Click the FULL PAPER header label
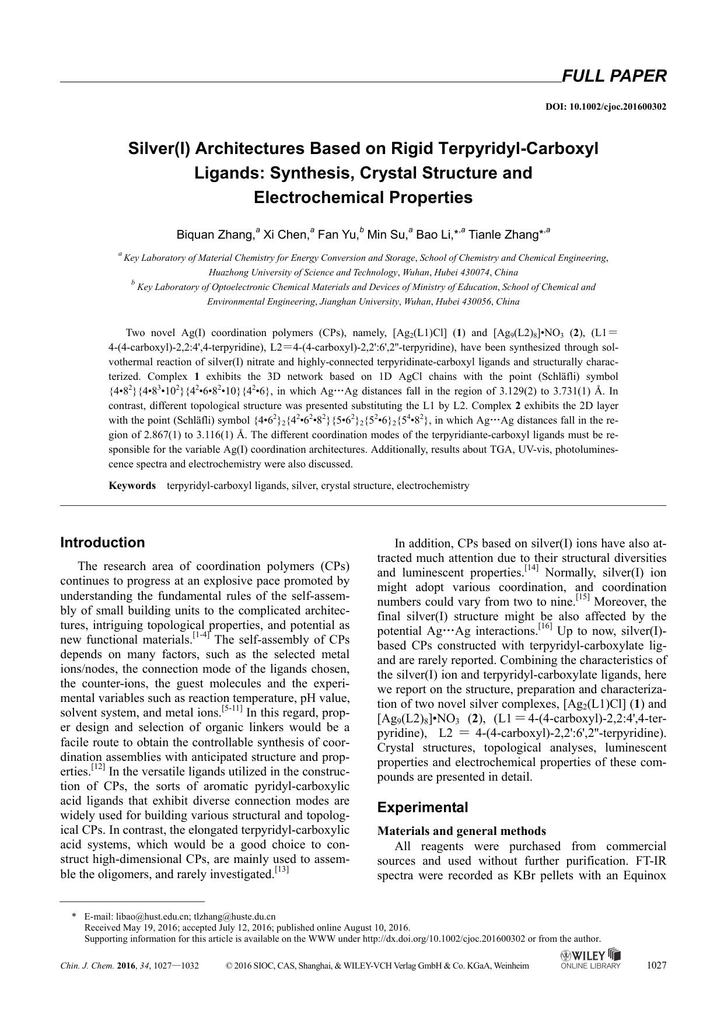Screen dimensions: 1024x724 pyautogui.click(x=614, y=76)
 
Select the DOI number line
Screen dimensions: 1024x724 pyautogui.click(x=606, y=107)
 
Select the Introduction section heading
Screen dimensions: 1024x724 pyautogui.click(x=103, y=542)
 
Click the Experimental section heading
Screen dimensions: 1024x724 pyautogui.click(x=422, y=808)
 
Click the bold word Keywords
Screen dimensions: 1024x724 pyautogui.click(x=132, y=485)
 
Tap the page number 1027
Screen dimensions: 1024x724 pyautogui.click(x=656, y=965)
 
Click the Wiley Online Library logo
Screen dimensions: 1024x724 pyautogui.click(x=590, y=959)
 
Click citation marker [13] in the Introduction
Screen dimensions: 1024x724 pyautogui.click(x=282, y=870)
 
